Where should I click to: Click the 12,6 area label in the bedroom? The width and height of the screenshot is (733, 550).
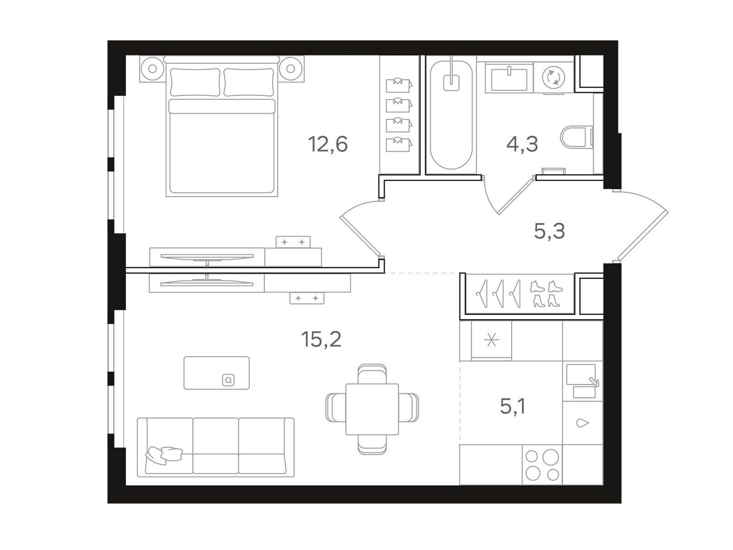tap(328, 144)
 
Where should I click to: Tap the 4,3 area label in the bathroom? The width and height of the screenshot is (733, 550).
tap(522, 144)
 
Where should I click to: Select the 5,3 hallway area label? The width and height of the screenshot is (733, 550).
tap(549, 231)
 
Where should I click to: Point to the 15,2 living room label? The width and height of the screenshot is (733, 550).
tap(321, 339)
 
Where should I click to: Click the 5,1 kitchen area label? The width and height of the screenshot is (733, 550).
tap(513, 407)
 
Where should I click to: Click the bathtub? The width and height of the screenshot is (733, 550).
tap(451, 115)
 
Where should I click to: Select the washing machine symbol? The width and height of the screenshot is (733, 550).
tap(553, 77)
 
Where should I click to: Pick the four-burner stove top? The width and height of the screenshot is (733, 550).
tap(542, 464)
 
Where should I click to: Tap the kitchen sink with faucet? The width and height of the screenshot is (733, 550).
tap(583, 381)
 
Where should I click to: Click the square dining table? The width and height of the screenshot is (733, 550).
tap(372, 409)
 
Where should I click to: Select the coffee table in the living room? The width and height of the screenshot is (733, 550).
tap(216, 373)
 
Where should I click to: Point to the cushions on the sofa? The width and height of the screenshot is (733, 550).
tap(164, 455)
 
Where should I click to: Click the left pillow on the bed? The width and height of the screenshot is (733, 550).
tap(195, 82)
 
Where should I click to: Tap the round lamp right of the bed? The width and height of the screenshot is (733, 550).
tap(290, 69)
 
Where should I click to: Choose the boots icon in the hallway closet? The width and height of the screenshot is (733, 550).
tap(547, 293)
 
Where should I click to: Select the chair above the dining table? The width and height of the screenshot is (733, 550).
tap(372, 374)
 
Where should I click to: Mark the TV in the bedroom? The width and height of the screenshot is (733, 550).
tap(207, 257)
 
